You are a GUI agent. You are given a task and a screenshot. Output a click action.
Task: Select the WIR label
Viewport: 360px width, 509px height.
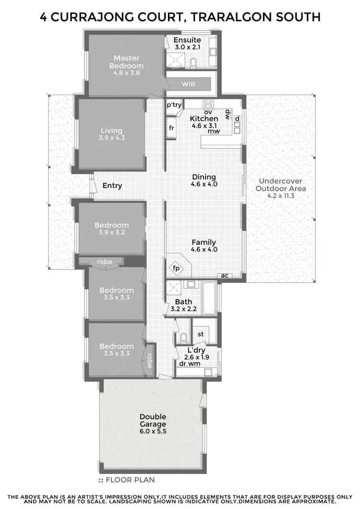click(189, 84)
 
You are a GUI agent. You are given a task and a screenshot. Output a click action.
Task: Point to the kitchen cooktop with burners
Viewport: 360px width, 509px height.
click(208, 104)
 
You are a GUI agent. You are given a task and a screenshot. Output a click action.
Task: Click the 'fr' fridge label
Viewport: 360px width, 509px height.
click(171, 128)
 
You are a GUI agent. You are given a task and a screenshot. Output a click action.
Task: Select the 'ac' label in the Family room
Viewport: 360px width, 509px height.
click(224, 276)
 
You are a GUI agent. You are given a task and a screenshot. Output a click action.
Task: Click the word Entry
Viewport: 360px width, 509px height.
click(112, 186)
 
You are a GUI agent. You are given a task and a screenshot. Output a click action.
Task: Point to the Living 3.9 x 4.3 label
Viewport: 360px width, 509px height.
click(111, 134)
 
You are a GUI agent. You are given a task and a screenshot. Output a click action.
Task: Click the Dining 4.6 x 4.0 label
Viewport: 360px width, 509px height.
click(204, 180)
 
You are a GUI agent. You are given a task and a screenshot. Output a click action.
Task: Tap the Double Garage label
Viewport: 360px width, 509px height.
click(153, 421)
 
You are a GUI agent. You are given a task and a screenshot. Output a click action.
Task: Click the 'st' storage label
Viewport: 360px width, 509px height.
click(201, 334)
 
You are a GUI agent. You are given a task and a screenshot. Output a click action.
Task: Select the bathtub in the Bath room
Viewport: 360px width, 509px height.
click(209, 297)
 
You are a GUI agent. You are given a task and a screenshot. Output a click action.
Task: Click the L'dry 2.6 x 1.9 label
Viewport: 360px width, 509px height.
click(195, 354)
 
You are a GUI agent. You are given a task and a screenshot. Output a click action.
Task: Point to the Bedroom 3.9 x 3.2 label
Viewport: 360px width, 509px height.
click(111, 228)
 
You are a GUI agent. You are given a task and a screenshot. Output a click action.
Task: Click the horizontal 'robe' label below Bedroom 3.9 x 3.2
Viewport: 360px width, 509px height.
click(105, 262)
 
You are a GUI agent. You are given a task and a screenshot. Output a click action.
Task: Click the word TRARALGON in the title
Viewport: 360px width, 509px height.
click(224, 17)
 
